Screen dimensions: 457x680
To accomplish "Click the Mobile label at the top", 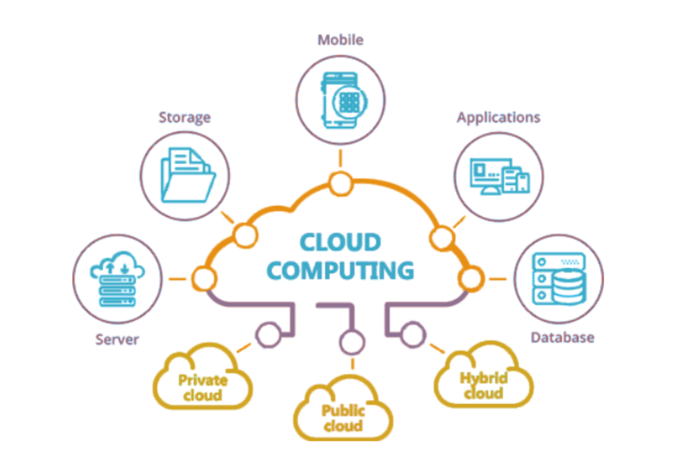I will click(340, 40).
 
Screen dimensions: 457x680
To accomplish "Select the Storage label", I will click(185, 117).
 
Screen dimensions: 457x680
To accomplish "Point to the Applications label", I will click(499, 117).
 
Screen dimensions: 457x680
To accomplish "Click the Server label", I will click(117, 339).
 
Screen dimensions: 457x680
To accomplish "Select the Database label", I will click(562, 337).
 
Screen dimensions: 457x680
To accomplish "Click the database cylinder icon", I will click(567, 286).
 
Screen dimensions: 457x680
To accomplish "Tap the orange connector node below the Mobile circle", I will click(340, 183).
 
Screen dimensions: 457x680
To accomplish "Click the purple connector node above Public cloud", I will click(352, 342).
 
